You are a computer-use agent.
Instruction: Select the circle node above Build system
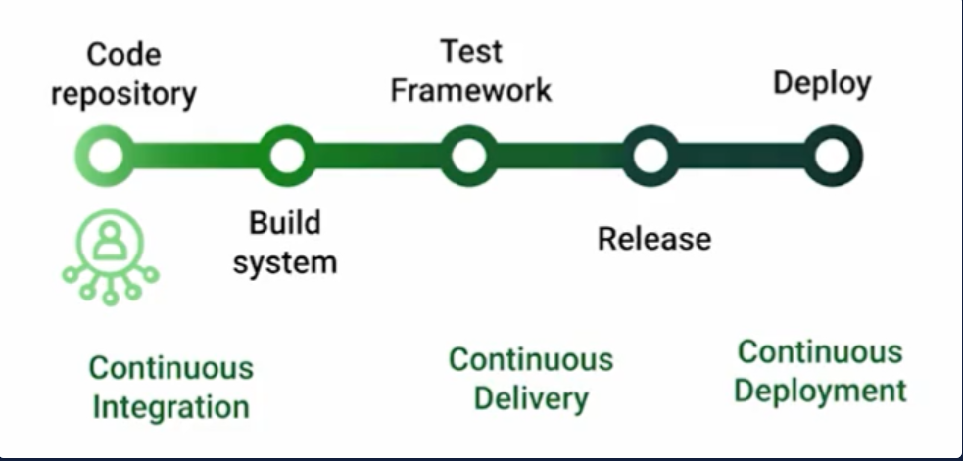(x=286, y=156)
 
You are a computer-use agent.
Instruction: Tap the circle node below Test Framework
(x=468, y=156)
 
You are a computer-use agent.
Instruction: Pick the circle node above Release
(x=650, y=156)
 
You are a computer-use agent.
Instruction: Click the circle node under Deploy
(x=832, y=156)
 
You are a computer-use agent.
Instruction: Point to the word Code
(x=123, y=55)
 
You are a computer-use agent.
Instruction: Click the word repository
(x=123, y=95)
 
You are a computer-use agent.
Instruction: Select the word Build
(x=284, y=223)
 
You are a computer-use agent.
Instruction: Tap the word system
(x=285, y=262)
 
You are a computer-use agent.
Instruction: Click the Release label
(x=654, y=238)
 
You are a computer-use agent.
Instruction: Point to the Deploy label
(x=822, y=83)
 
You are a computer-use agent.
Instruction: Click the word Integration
(x=170, y=407)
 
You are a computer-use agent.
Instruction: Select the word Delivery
(x=531, y=398)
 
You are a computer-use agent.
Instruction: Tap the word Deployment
(x=820, y=391)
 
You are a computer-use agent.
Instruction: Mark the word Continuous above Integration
(x=170, y=368)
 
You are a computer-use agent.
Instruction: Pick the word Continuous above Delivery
(x=531, y=359)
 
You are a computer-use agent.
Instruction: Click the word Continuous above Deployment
(x=820, y=351)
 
